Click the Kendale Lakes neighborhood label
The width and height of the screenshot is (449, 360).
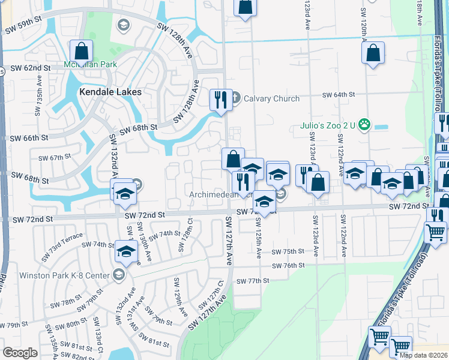[110, 92]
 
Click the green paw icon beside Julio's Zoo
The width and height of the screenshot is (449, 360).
[364, 125]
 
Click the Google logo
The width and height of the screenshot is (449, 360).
[20, 352]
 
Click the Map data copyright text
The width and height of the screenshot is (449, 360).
[424, 355]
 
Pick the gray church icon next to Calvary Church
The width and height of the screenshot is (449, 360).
[235, 97]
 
